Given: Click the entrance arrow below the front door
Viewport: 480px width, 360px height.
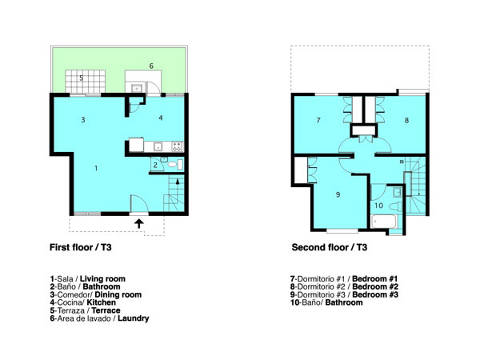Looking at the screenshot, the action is click(x=139, y=223).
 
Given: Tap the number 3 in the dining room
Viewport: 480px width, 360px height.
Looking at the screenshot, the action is click(x=83, y=120).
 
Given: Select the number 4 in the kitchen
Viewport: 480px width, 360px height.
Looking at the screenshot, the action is click(x=161, y=118).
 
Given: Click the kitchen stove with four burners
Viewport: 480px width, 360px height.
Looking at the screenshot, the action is click(x=177, y=146).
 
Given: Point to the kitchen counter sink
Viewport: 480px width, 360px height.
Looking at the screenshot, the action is click(x=158, y=146).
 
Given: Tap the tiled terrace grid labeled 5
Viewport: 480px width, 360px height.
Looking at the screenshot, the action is click(x=86, y=82).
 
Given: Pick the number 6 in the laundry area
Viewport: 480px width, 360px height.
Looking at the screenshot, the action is click(x=151, y=66).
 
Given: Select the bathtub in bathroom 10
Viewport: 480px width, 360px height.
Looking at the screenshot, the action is click(x=384, y=222).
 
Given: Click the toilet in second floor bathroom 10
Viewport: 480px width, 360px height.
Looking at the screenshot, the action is click(x=395, y=206).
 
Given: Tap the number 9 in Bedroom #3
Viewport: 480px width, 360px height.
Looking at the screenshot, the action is click(x=338, y=194).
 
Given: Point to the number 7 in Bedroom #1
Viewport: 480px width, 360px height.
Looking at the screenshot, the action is click(x=318, y=120).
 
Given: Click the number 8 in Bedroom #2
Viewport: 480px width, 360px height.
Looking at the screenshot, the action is click(x=406, y=120).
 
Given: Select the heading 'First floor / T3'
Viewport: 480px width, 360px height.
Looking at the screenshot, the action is click(x=81, y=247).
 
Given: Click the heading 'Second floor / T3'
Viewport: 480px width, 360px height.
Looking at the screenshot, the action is click(x=330, y=247).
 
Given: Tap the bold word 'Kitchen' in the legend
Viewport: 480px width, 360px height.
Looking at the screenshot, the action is click(x=102, y=302).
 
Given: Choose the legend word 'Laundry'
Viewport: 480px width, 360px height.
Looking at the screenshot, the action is click(x=134, y=318).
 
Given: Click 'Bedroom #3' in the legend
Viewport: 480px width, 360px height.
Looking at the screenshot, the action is click(x=375, y=294).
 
